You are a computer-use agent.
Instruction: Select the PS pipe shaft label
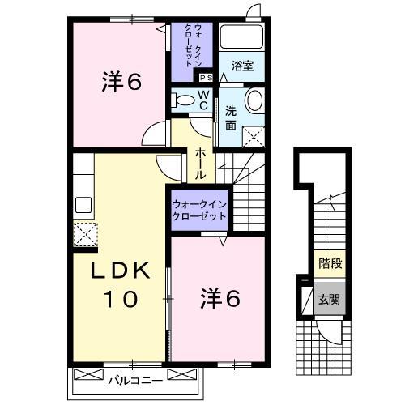(x=207, y=78)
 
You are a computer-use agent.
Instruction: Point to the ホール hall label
(x=199, y=162)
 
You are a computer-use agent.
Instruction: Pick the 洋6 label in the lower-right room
(x=220, y=299)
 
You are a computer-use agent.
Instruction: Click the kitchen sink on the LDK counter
(x=83, y=203)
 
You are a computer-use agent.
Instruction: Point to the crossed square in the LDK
(x=85, y=235)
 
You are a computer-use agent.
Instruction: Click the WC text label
(x=203, y=101)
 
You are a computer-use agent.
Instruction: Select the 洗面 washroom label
(x=230, y=119)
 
